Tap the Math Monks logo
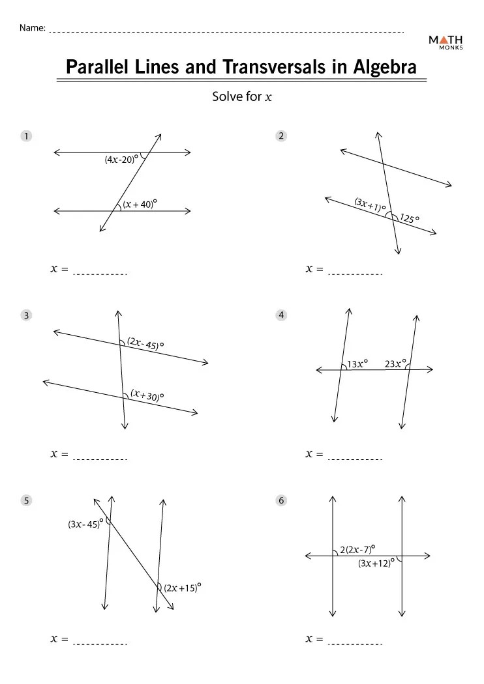pyautogui.click(x=446, y=42)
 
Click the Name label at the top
pyautogui.click(x=32, y=28)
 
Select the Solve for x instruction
pyautogui.click(x=241, y=97)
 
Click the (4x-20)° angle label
pyautogui.click(x=121, y=159)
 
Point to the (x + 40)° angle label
pyautogui.click(x=140, y=204)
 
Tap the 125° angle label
pyautogui.click(x=410, y=218)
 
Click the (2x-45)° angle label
pyautogui.click(x=145, y=343)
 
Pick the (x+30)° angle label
pyautogui.click(x=147, y=395)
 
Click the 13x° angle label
pyautogui.click(x=357, y=364)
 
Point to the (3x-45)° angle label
pyautogui.click(x=85, y=524)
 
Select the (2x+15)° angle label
pyautogui.click(x=182, y=588)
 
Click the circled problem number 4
pyautogui.click(x=281, y=315)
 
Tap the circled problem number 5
pyautogui.click(x=26, y=500)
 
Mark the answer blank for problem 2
pyautogui.click(x=355, y=274)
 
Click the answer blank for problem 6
pyautogui.click(x=355, y=644)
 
